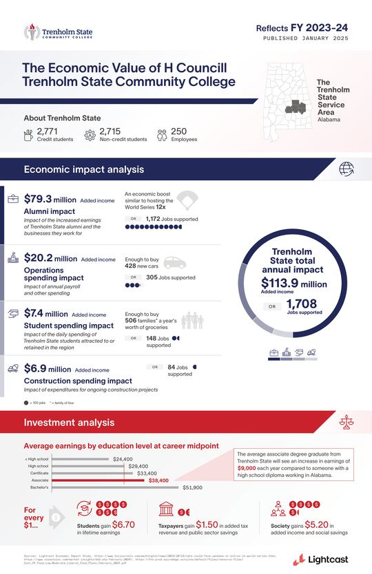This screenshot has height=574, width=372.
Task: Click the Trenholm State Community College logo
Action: pos(58,32)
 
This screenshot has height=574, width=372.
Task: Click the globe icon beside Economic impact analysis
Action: pos(347,169)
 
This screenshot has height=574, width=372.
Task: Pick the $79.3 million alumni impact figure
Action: pos(50,200)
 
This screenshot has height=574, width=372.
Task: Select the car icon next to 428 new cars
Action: pos(174,263)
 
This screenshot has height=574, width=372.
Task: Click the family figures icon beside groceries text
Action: pos(194,321)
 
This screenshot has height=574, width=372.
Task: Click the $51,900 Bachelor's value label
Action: pos(192,488)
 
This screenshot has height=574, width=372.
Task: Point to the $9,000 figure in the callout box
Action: pos(248,469)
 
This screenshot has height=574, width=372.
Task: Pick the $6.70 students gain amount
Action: pos(123,524)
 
